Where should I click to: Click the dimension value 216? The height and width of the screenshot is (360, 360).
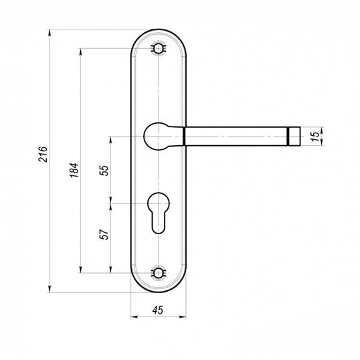[x=43, y=154]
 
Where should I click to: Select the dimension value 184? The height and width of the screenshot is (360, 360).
[x=74, y=170]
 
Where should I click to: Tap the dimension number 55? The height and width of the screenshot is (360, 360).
[x=104, y=171]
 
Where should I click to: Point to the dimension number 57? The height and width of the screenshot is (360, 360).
[x=104, y=234]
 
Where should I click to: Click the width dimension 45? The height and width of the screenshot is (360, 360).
[x=158, y=310]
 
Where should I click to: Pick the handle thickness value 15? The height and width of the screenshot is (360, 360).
[x=316, y=137]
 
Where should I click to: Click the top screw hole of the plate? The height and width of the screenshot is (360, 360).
[x=158, y=48]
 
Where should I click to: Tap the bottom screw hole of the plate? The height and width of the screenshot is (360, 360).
[x=158, y=273]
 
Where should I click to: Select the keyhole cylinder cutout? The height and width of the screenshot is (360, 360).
[x=159, y=213]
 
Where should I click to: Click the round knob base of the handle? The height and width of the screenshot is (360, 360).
[x=156, y=137]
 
